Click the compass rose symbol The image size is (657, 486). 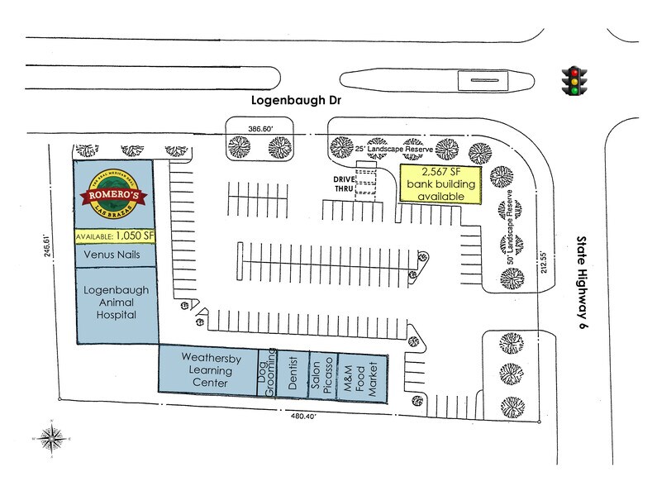pos(52,436)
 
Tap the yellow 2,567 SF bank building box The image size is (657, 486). pos(438,183)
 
